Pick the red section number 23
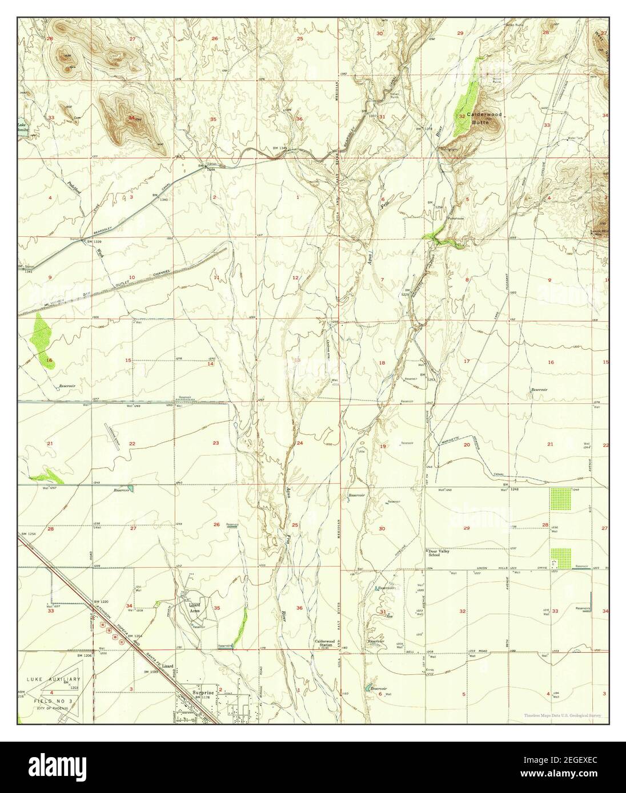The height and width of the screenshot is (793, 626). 216,443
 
